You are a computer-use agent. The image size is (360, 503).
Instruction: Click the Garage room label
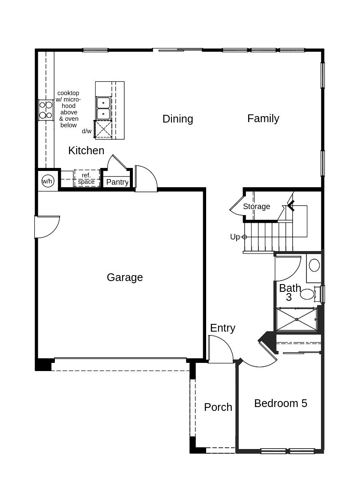pyautogui.click(x=124, y=278)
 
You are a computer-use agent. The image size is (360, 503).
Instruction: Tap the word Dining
pyautogui.click(x=178, y=119)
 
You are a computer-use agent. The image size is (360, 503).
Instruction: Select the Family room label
pyautogui.click(x=263, y=119)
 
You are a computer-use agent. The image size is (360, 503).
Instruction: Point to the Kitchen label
pyautogui.click(x=86, y=150)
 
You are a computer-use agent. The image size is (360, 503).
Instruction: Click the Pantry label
pyautogui.click(x=117, y=182)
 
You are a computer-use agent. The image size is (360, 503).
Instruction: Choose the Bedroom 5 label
pyautogui.click(x=280, y=403)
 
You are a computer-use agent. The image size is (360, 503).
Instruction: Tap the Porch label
pyautogui.click(x=218, y=407)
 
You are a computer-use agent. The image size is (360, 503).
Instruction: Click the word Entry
pyautogui.click(x=223, y=328)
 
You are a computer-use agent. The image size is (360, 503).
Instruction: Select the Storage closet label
pyautogui.click(x=256, y=207)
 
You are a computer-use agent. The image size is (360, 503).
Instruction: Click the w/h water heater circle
pyautogui.click(x=47, y=181)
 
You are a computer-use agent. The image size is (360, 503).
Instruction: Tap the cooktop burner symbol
pyautogui.click(x=46, y=110)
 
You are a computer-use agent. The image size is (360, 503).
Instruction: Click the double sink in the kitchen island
pyautogui.click(x=103, y=108)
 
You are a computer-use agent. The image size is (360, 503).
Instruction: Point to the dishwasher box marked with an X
pyautogui.click(x=103, y=129)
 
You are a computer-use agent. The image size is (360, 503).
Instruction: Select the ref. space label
pyautogui.click(x=86, y=179)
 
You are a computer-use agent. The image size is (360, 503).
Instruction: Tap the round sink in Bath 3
pyautogui.click(x=314, y=265)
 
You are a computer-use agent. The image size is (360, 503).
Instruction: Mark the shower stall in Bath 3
pyautogui.click(x=297, y=319)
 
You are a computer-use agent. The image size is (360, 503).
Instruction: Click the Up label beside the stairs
pyautogui.click(x=235, y=237)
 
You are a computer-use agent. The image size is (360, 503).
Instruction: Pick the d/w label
pyautogui.click(x=87, y=131)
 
